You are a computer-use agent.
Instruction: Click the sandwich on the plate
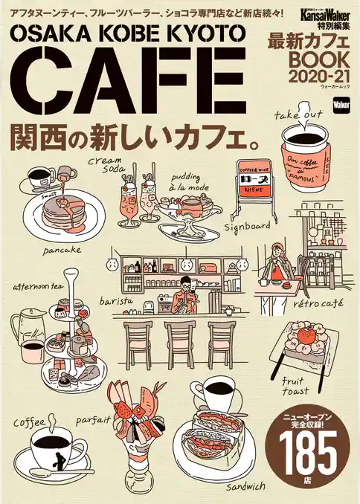(216, 439)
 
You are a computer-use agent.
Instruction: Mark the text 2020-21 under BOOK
(312, 77)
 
